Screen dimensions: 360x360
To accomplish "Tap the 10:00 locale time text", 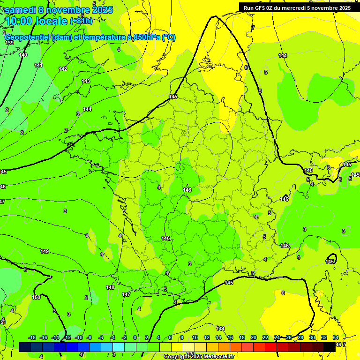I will coord(36,21).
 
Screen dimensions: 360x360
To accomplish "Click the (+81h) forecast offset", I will coord(82,21).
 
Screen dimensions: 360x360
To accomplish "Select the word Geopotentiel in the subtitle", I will coord(32,37).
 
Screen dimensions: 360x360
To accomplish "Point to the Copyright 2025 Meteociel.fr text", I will coord(199,357).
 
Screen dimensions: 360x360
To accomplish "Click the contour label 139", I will coord(9,43).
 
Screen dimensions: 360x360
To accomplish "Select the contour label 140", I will coord(23,55).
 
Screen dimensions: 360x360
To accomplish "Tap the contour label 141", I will coord(38,65).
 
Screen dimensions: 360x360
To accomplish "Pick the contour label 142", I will coord(63,69).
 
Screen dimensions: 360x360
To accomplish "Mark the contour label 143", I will coord(86,81).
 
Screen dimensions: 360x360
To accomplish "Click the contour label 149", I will coord(45,252).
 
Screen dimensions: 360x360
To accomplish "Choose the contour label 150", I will coord(36,297).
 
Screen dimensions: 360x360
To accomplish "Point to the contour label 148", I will coord(110,287).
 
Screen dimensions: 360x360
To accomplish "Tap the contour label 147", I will coord(126,294).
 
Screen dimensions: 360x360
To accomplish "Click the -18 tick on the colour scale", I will coord(32,337).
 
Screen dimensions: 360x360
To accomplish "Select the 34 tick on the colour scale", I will coord(336,337).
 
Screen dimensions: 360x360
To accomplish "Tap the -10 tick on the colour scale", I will coord(79,337).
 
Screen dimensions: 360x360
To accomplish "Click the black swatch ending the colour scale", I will coord(330,347).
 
